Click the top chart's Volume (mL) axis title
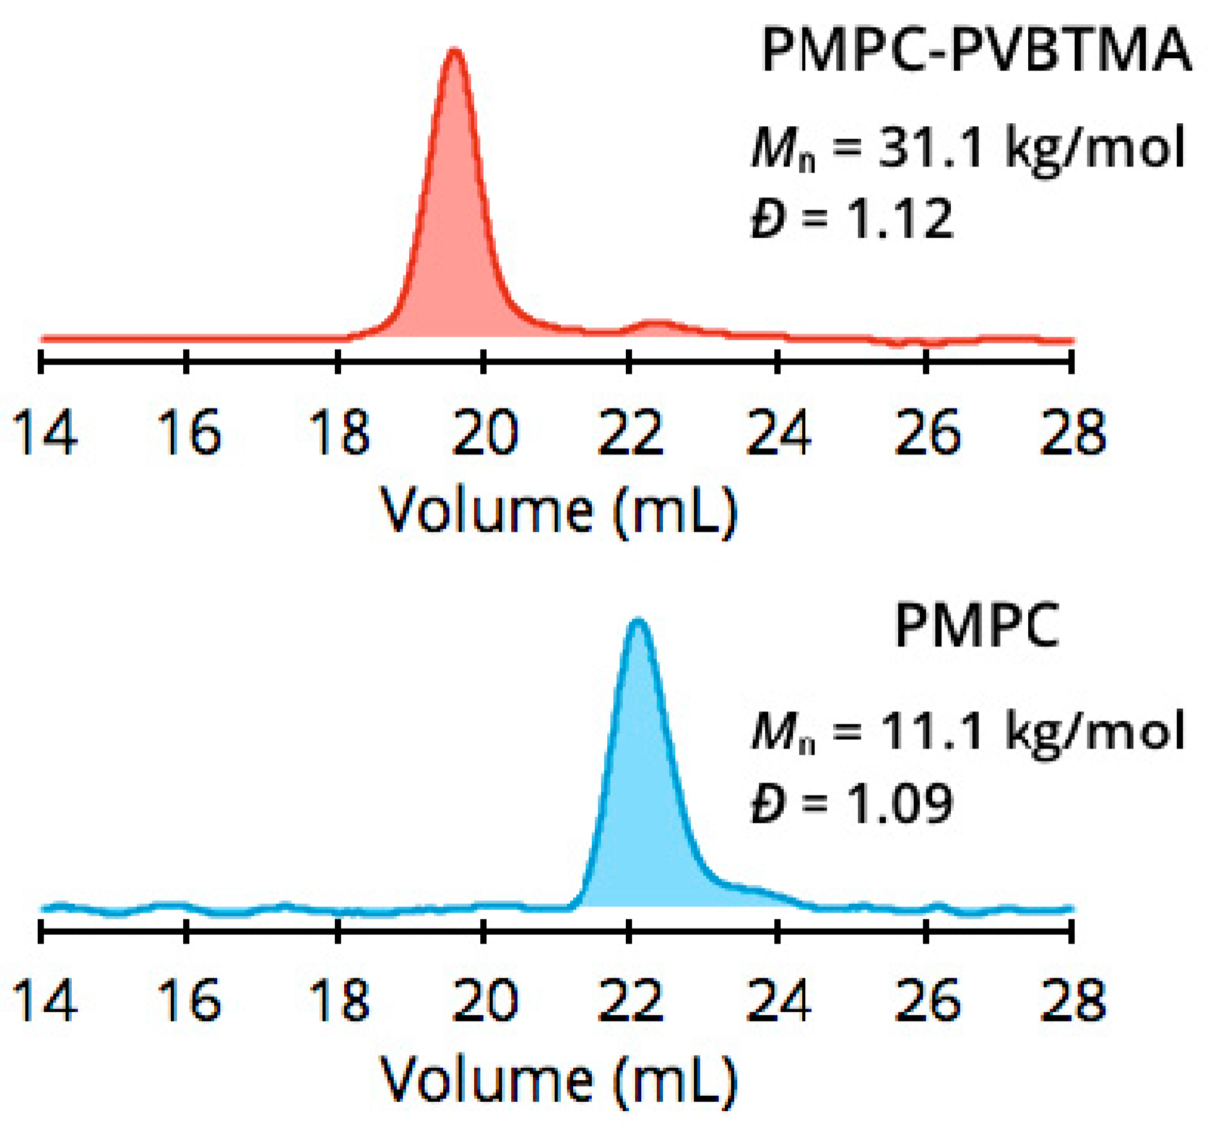click(x=558, y=511)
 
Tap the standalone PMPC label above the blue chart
click(x=977, y=626)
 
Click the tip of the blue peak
click(x=638, y=621)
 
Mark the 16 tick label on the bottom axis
click(x=189, y=1000)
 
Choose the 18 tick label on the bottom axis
click(x=339, y=1000)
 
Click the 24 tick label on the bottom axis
click(x=778, y=1000)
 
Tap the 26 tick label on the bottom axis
click(x=927, y=1000)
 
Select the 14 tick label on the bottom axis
click(x=45, y=1000)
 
